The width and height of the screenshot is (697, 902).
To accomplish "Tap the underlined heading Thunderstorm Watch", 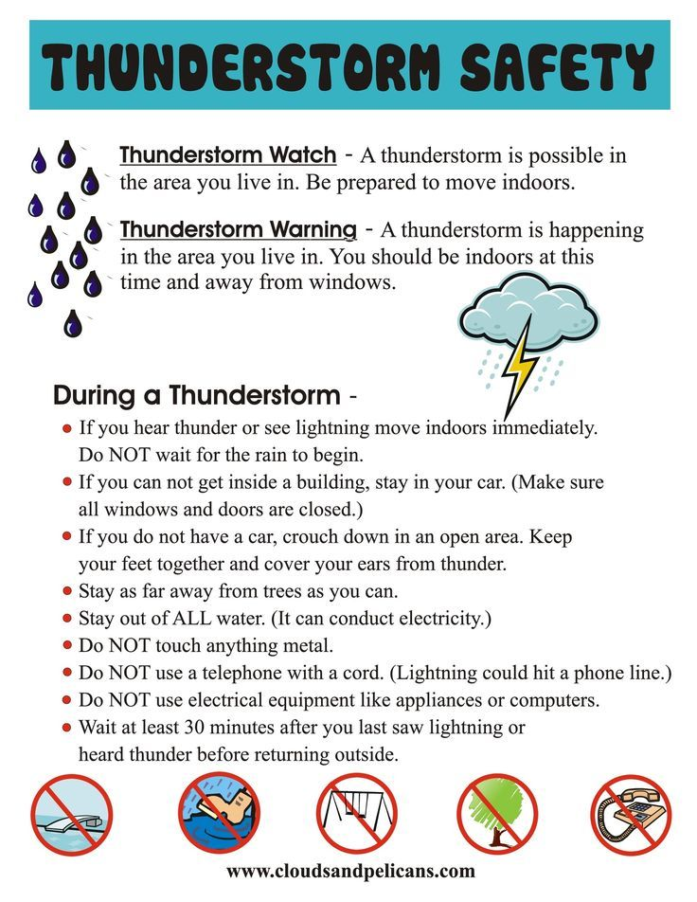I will tap(227, 154).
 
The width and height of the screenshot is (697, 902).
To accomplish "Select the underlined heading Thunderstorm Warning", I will tap(239, 230).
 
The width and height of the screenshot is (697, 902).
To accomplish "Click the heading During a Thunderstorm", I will tap(196, 394).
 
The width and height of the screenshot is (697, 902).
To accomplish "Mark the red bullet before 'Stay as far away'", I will tap(66, 592).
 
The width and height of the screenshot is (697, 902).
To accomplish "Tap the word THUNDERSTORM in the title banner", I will tap(243, 66).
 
